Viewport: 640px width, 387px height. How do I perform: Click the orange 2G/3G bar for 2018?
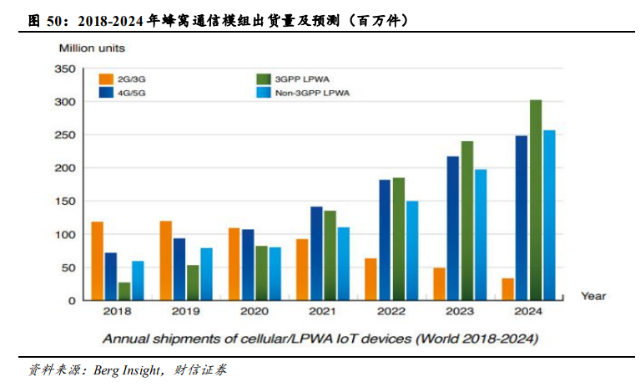[98, 261]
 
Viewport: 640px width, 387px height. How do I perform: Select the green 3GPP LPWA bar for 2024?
[536, 201]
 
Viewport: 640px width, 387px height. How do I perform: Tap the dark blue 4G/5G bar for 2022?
[385, 240]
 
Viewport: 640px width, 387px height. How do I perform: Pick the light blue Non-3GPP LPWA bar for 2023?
[480, 234]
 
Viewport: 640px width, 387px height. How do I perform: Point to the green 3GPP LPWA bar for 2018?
[124, 291]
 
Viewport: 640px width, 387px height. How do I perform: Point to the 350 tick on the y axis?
[65, 69]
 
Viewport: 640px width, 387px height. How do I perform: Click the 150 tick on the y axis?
[65, 201]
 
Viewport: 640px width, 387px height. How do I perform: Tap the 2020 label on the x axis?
[254, 312]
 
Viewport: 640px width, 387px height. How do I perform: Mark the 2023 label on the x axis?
[460, 312]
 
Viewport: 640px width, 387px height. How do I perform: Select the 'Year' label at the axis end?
[593, 296]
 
